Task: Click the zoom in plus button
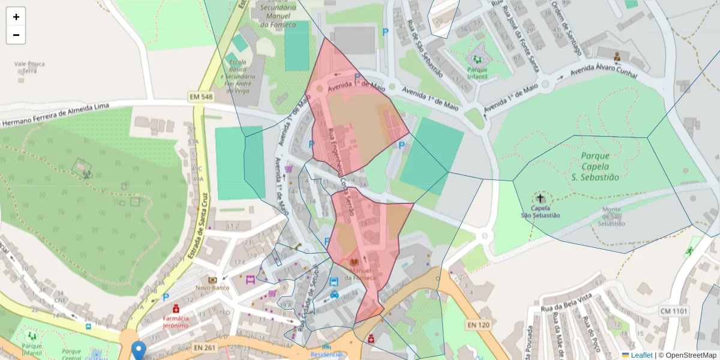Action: (x=16, y=17)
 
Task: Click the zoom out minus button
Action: (x=16, y=35)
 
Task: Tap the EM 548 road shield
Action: (x=200, y=96)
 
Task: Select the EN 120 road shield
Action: (x=477, y=325)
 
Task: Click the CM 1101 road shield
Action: (x=673, y=311)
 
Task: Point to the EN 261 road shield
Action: (x=205, y=347)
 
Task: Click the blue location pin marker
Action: (x=139, y=350)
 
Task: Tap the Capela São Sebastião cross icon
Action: (x=541, y=198)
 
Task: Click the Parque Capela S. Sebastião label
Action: (x=595, y=166)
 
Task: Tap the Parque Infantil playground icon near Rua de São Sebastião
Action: (x=478, y=59)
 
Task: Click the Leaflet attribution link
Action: (x=641, y=355)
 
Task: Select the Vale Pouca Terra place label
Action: (x=29, y=67)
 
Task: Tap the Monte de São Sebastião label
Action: (x=612, y=216)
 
